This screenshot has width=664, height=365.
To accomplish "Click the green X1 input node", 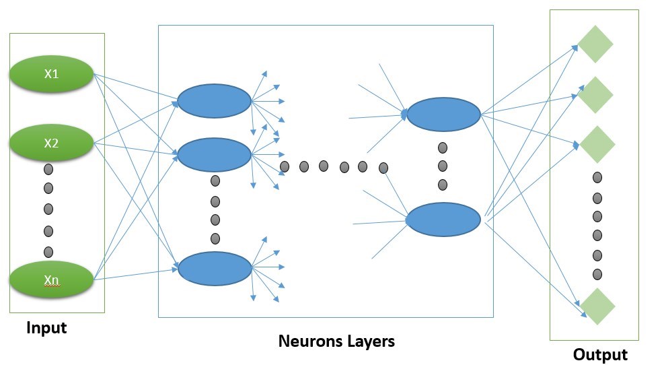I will click(x=51, y=73).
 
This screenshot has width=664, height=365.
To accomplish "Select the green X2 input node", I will click(x=51, y=143).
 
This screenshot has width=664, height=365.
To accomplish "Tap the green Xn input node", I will click(x=51, y=279).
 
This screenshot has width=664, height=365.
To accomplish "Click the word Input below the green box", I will click(x=46, y=328).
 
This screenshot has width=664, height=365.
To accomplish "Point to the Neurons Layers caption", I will click(x=336, y=341).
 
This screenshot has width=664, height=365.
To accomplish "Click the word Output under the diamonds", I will click(x=600, y=355).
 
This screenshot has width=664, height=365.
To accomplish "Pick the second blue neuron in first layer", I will click(x=214, y=155).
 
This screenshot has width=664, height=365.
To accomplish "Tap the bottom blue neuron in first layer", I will click(x=214, y=267).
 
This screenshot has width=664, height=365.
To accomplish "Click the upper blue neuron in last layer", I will click(x=443, y=114).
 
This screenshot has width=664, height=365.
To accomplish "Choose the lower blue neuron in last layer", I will click(x=443, y=219).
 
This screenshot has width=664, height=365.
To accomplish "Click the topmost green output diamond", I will click(x=595, y=44).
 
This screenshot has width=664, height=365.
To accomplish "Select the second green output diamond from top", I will click(x=595, y=95).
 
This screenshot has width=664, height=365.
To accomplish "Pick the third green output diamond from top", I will click(x=595, y=143).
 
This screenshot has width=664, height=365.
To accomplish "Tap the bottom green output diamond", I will click(x=597, y=306).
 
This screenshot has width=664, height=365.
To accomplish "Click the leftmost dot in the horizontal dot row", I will click(x=285, y=166).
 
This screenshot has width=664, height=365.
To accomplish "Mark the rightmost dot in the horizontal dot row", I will click(x=383, y=168).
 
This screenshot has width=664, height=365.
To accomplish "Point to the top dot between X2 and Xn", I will click(x=48, y=168).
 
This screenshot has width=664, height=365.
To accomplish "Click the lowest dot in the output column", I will click(x=597, y=275).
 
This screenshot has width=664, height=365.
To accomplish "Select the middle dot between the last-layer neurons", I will click(x=443, y=166).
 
